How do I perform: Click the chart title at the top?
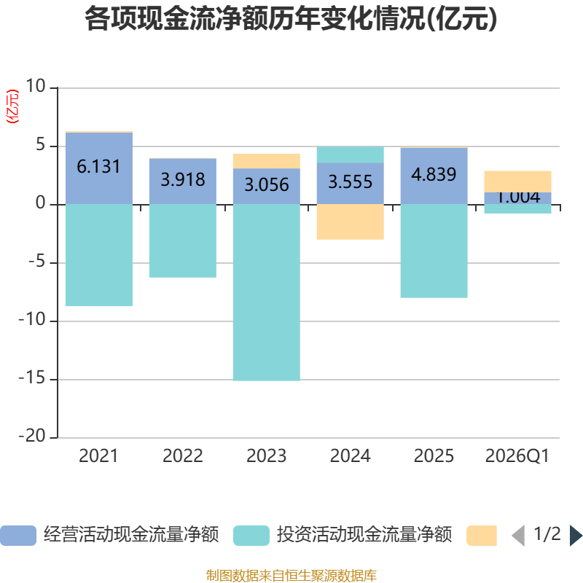coord(291,19)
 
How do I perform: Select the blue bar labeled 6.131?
coord(99,168)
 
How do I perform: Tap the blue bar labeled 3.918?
coord(183,181)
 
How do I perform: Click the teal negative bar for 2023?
coord(267,293)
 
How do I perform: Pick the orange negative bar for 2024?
coord(351,222)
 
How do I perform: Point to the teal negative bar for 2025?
coord(434,251)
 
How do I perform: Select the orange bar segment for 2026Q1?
coord(517,181)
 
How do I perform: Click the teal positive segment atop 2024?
coord(351,154)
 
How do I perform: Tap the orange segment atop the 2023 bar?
coord(267,161)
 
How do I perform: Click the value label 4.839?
coord(434,174)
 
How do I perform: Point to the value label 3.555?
coord(351,181)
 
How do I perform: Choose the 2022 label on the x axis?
coord(183,456)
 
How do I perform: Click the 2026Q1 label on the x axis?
coord(517,456)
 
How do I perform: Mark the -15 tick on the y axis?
coord(32,378)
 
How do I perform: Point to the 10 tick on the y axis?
coord(35,86)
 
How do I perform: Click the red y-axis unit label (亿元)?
coord(12,106)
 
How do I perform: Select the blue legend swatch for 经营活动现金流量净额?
coord(18,536)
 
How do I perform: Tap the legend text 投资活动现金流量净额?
coord(364,535)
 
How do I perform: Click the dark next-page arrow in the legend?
coord(576,536)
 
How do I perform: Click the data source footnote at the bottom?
coord(291,576)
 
